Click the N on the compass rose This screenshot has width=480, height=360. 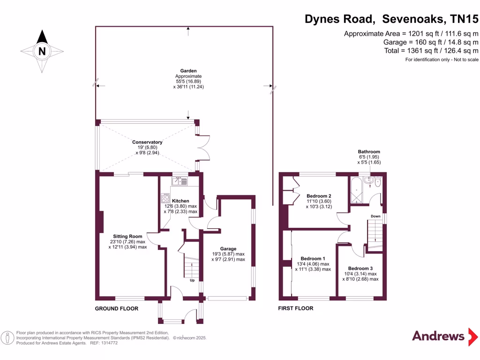pos(42,52)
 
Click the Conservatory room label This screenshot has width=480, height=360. pos(147,142)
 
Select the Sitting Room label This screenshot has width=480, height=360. pos(127,236)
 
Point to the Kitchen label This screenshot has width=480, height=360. pos(180,201)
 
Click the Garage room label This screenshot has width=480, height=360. pos(228,248)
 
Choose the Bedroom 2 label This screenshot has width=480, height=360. pos(319,195)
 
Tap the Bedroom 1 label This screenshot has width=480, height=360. pos(313,258)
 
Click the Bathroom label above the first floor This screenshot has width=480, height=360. pos(369,152)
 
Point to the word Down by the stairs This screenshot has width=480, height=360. pos(375,216)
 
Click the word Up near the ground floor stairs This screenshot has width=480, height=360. pos(192,281)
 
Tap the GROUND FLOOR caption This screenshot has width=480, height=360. pos(117,308)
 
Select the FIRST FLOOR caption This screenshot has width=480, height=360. pos(295,308)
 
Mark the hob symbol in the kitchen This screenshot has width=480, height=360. pos(165,198)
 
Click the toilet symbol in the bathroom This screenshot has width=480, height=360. pos(377,181)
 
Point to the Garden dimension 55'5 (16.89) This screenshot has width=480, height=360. pos(188,81)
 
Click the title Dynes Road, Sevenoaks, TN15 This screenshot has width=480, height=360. pos(391,19)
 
